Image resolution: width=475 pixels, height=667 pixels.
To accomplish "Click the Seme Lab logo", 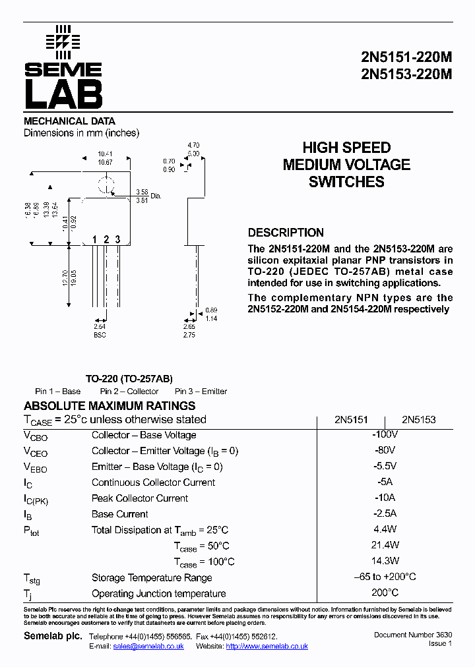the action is pos(63,67).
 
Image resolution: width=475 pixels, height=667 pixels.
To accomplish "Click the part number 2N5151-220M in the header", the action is pos(406,57).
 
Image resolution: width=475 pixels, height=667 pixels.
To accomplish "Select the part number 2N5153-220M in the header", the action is pos(406,74).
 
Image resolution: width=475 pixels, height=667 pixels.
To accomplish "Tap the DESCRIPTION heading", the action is pos(286,233).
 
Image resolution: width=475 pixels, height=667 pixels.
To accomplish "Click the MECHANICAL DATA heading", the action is pos(69,121).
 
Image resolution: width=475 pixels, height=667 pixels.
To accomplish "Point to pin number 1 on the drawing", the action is pos(94,239).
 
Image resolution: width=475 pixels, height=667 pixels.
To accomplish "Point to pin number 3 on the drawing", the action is pos(117,239).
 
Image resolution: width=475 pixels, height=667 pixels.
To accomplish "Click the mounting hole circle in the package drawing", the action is pos(106,186).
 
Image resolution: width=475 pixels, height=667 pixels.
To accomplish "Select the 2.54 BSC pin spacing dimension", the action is pos(100,330).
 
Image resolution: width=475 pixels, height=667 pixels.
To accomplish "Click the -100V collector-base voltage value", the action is pos(385,435).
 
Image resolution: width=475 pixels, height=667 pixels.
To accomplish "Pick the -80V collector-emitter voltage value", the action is pos(385,451).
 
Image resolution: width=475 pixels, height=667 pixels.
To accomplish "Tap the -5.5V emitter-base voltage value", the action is pos(385,467).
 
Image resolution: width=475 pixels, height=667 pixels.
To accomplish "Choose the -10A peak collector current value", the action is pos(385,498).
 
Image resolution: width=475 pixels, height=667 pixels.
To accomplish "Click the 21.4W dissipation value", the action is pos(385,546).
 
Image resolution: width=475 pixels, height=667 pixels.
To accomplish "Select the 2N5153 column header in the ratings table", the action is pos(419,420).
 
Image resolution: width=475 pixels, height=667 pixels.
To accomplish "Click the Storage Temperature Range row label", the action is pos(152,578).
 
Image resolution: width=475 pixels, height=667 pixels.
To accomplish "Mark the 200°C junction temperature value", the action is pos(385,593).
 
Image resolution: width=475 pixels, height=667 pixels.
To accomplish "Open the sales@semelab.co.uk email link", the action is pos(148,647).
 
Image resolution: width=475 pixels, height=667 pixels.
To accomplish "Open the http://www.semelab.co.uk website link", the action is pos(267,647).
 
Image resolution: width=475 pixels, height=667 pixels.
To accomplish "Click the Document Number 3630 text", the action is pos(413,635).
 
